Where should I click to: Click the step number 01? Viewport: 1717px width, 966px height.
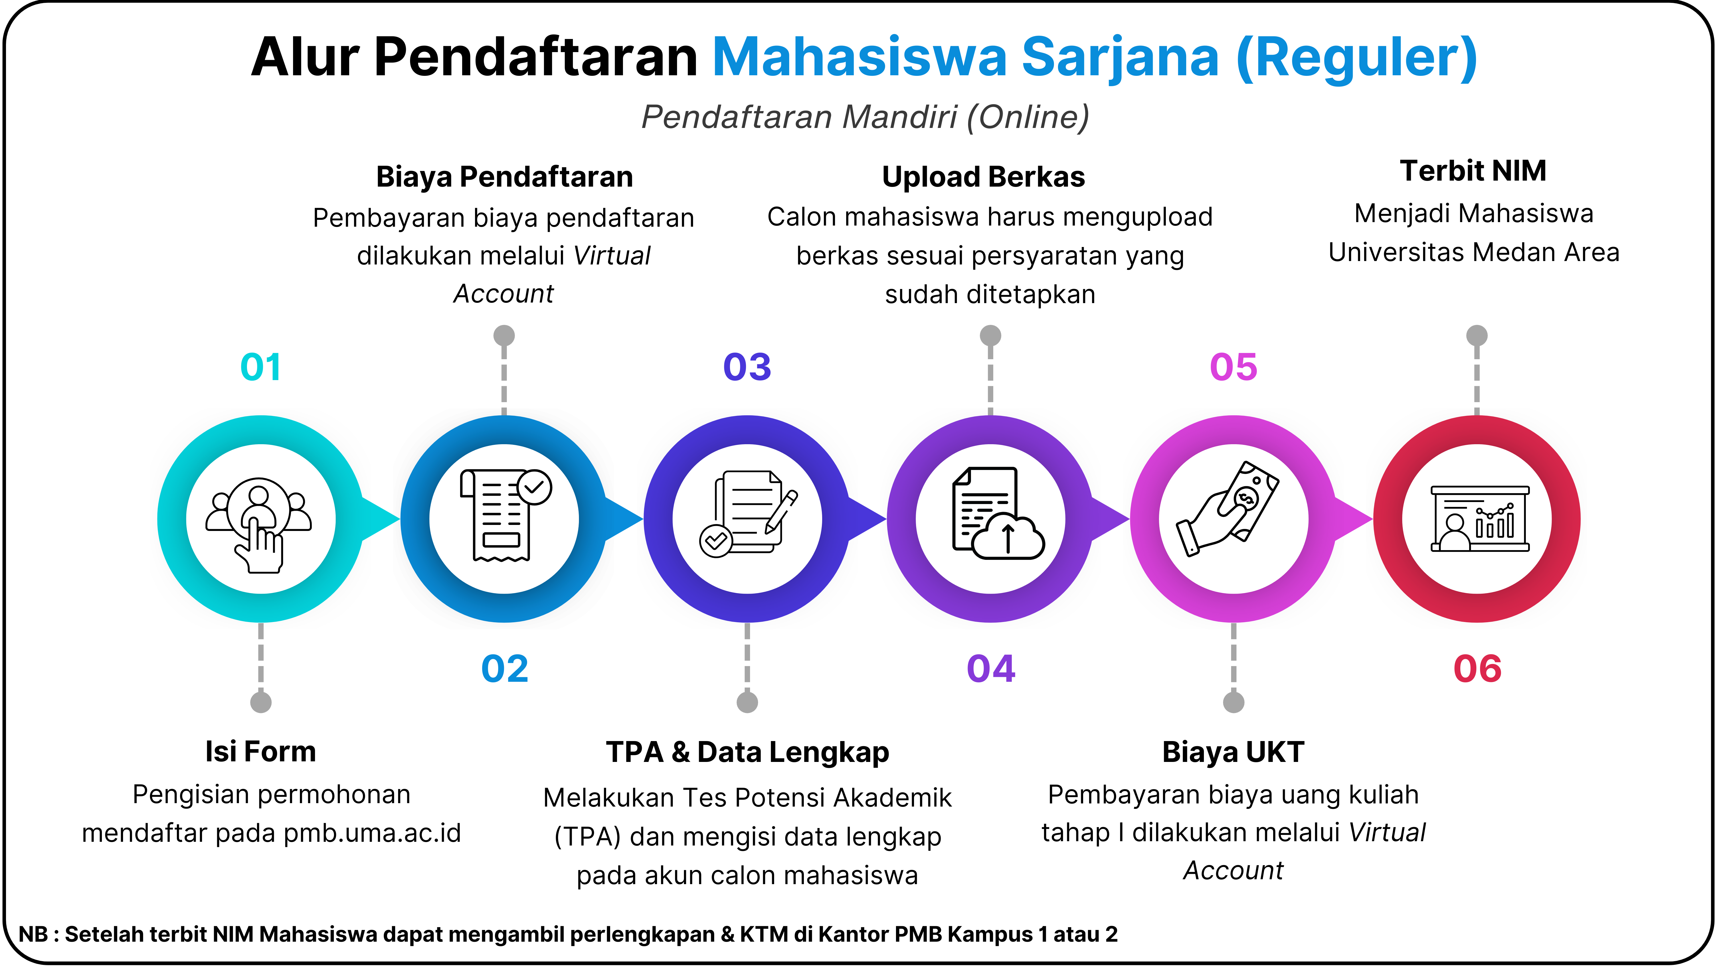(x=261, y=367)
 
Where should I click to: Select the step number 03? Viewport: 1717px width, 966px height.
(x=747, y=367)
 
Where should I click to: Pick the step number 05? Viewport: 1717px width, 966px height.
(x=1234, y=367)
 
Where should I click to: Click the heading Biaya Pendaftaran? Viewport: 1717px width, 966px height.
(x=505, y=177)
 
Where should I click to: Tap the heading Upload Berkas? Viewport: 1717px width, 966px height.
(x=984, y=177)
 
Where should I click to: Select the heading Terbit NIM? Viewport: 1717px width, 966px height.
(x=1473, y=171)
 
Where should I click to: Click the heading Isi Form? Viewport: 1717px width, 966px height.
(x=261, y=751)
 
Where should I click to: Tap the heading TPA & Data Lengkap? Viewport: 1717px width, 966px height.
(x=747, y=752)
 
